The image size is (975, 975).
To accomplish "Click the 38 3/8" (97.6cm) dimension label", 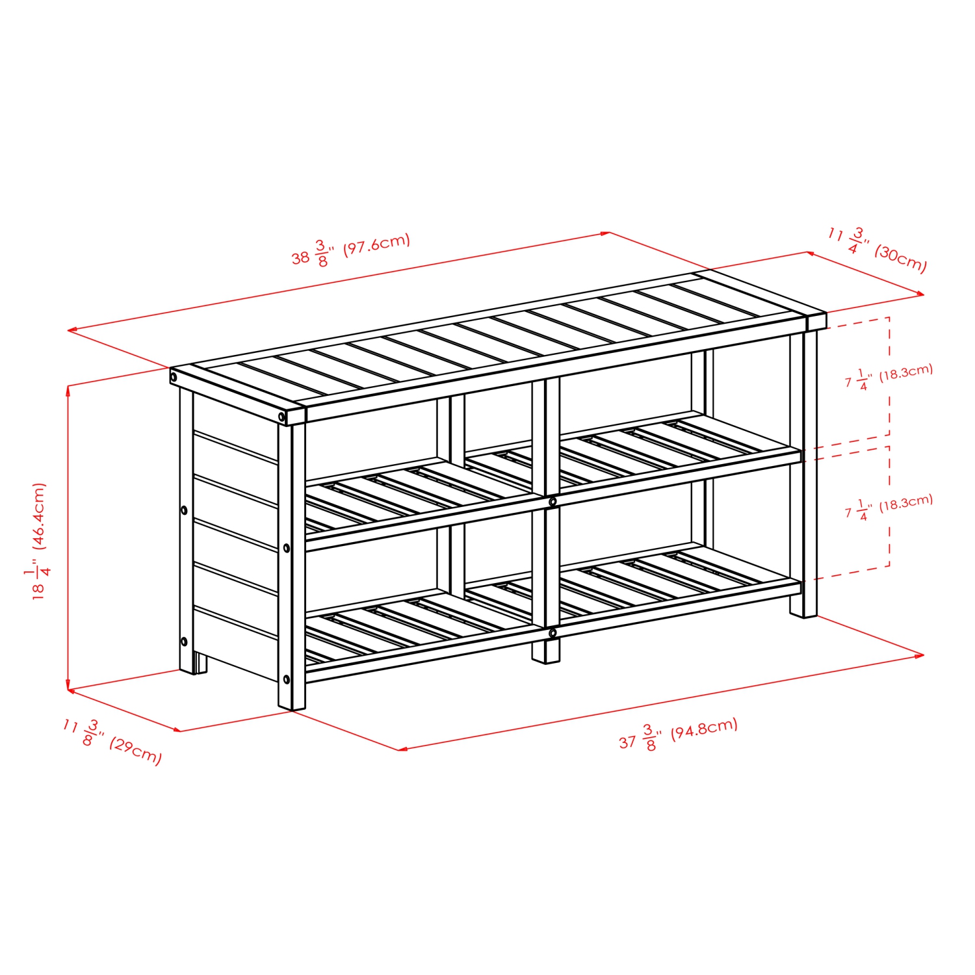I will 351,250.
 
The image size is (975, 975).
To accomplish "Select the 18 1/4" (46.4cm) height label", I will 40,541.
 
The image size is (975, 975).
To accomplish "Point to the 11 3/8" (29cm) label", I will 112,741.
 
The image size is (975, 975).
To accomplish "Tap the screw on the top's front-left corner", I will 281,416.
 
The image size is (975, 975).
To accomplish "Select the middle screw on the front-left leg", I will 287,548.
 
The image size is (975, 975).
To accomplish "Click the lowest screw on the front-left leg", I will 287,679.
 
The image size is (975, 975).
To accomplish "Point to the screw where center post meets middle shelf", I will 552,502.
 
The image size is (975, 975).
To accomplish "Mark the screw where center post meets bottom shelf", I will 552,632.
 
